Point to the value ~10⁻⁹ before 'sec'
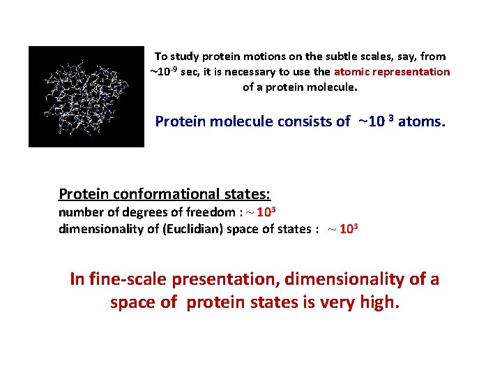(x=164, y=71)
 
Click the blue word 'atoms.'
(x=421, y=121)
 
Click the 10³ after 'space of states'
(x=348, y=229)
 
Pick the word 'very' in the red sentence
(x=336, y=304)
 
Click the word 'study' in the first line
(x=184, y=56)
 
